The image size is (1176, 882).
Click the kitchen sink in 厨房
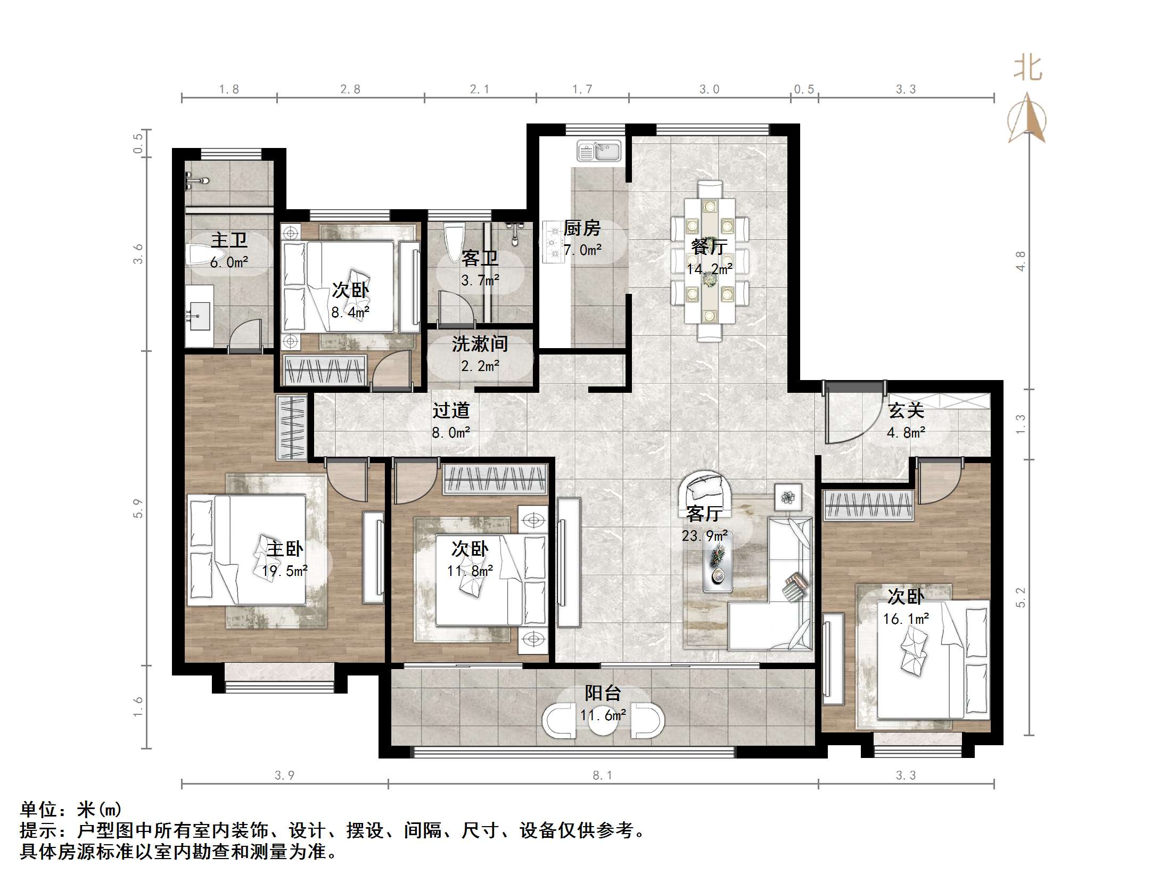point(599,151)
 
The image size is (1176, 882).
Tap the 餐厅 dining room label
point(709,246)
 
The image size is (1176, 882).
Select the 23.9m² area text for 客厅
point(705,535)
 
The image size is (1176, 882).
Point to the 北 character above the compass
point(1027,69)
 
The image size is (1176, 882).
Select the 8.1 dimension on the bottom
point(603,776)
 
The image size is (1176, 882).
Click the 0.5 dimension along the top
point(804,89)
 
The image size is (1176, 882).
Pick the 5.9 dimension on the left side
point(138,508)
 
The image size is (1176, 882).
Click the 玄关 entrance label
point(906,410)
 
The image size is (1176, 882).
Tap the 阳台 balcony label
point(603,693)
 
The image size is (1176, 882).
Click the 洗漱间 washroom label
point(480,344)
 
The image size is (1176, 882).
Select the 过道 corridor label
point(451,410)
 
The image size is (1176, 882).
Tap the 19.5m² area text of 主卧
point(285,571)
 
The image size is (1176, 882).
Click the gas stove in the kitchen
point(552,242)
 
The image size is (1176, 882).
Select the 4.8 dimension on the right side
point(1021,261)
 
